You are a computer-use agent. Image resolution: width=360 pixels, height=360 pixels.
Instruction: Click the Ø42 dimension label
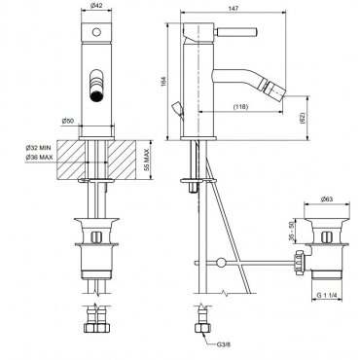(96, 5)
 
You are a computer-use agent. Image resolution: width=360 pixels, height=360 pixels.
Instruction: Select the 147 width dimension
(234, 9)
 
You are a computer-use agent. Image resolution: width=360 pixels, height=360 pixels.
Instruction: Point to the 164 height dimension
(163, 82)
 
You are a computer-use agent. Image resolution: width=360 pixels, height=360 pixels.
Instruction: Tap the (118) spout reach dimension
(240, 106)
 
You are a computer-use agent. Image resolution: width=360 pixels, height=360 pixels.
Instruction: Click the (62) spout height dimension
(303, 118)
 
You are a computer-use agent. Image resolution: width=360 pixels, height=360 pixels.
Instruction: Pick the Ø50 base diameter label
(68, 121)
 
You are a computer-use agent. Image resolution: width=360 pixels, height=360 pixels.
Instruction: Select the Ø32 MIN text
(39, 148)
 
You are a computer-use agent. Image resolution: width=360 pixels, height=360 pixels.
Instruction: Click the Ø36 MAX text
(39, 158)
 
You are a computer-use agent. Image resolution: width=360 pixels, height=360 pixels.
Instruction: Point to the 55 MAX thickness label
(146, 160)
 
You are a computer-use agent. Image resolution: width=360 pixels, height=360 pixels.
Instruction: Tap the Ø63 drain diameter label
(327, 199)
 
